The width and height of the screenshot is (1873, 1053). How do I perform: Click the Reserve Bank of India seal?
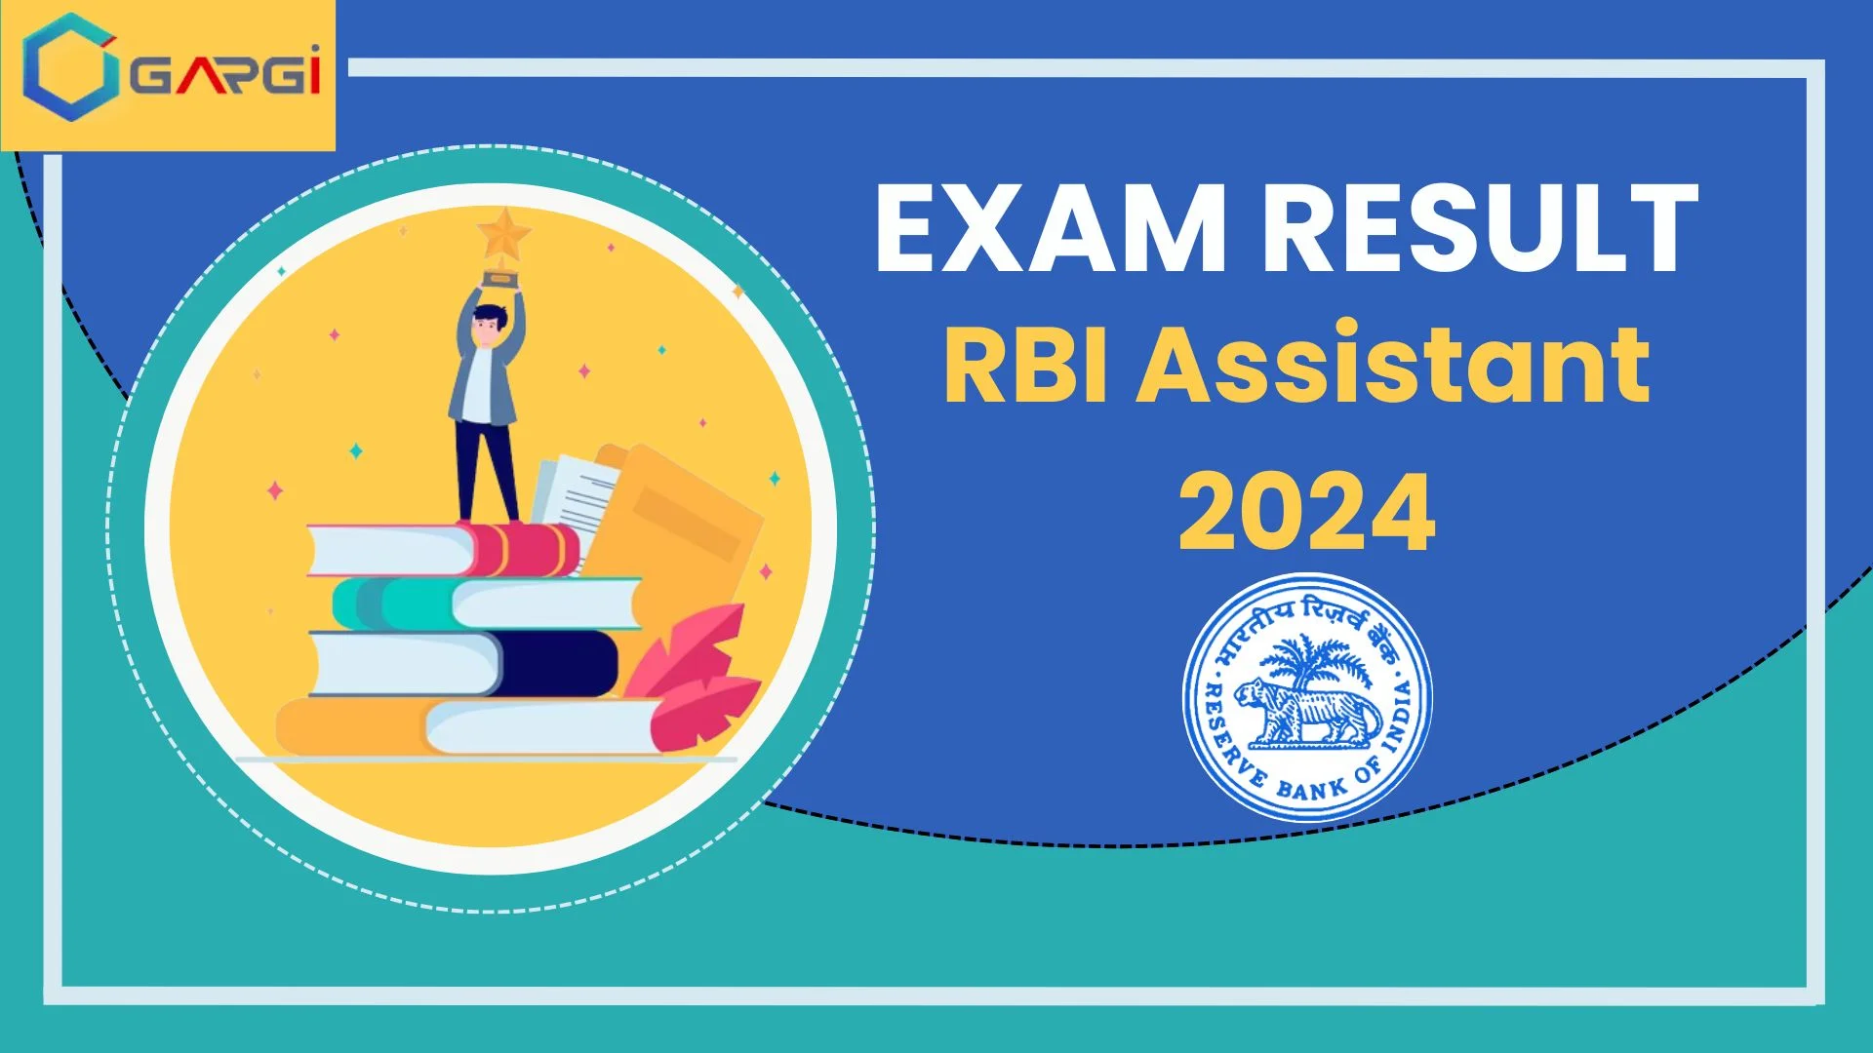[x=1307, y=696]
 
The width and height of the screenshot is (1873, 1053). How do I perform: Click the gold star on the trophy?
[x=503, y=234]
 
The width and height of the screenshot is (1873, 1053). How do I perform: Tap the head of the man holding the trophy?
[x=489, y=323]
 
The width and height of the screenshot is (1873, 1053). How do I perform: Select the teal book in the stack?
[x=390, y=604]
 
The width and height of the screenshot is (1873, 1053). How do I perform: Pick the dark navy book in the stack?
[x=556, y=663]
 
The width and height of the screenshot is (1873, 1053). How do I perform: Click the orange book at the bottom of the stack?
[x=351, y=726]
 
